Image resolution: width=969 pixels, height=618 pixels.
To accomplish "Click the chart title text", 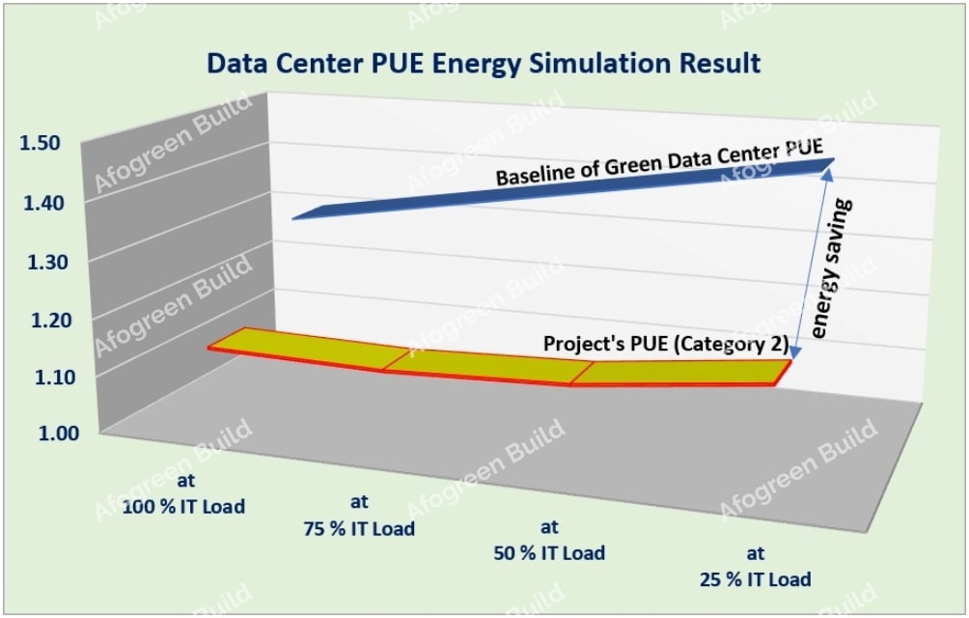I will coord(484,64).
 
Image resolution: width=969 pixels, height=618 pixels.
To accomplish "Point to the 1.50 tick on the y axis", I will coord(41,143).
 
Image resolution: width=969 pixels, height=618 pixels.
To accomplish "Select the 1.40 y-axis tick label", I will coord(41,202).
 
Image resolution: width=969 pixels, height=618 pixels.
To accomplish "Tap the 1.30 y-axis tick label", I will coord(41,260).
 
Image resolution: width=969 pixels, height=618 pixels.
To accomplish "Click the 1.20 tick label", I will coord(41,318).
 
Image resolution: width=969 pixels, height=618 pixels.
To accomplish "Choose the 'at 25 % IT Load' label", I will coord(757,567).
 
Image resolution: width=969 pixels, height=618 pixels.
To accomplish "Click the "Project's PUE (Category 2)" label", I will coord(667,344).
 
